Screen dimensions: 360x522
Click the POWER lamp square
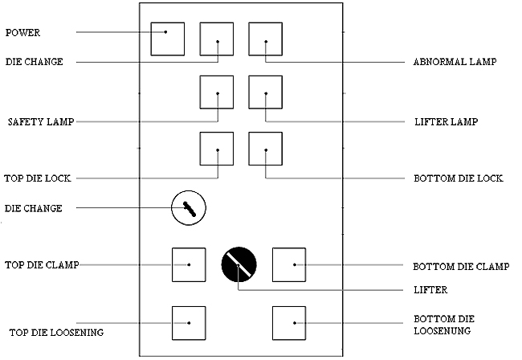(168, 38)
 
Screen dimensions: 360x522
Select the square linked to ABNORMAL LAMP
(265, 38)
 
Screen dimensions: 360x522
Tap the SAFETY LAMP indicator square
(217, 92)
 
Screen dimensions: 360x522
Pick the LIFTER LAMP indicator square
(265, 92)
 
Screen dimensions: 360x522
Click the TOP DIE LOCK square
(217, 148)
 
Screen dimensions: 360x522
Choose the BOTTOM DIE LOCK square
(265, 148)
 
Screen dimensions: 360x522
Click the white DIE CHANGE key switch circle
(190, 209)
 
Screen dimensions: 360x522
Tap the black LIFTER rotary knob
(239, 264)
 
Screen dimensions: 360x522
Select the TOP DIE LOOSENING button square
(189, 322)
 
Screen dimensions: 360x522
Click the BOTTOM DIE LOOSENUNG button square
(290, 322)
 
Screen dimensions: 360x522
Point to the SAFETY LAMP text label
(41, 122)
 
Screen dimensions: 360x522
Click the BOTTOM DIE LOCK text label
(458, 178)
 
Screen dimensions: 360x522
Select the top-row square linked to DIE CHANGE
(217, 38)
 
